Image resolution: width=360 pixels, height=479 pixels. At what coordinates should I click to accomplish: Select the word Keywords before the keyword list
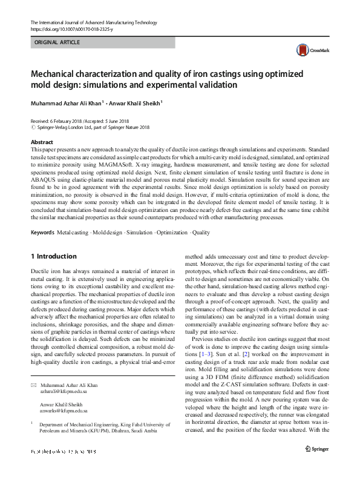point(42,215)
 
